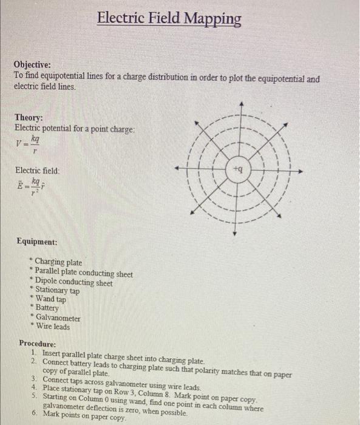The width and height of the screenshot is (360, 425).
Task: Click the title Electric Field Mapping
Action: click(169, 19)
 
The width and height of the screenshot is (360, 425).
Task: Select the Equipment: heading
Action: click(38, 242)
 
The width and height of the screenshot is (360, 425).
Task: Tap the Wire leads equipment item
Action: click(53, 327)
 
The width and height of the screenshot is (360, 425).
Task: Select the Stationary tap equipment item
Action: click(57, 290)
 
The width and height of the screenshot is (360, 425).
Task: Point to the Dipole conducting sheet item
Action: click(73, 282)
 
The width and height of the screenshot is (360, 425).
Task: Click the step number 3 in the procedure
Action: click(34, 379)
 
